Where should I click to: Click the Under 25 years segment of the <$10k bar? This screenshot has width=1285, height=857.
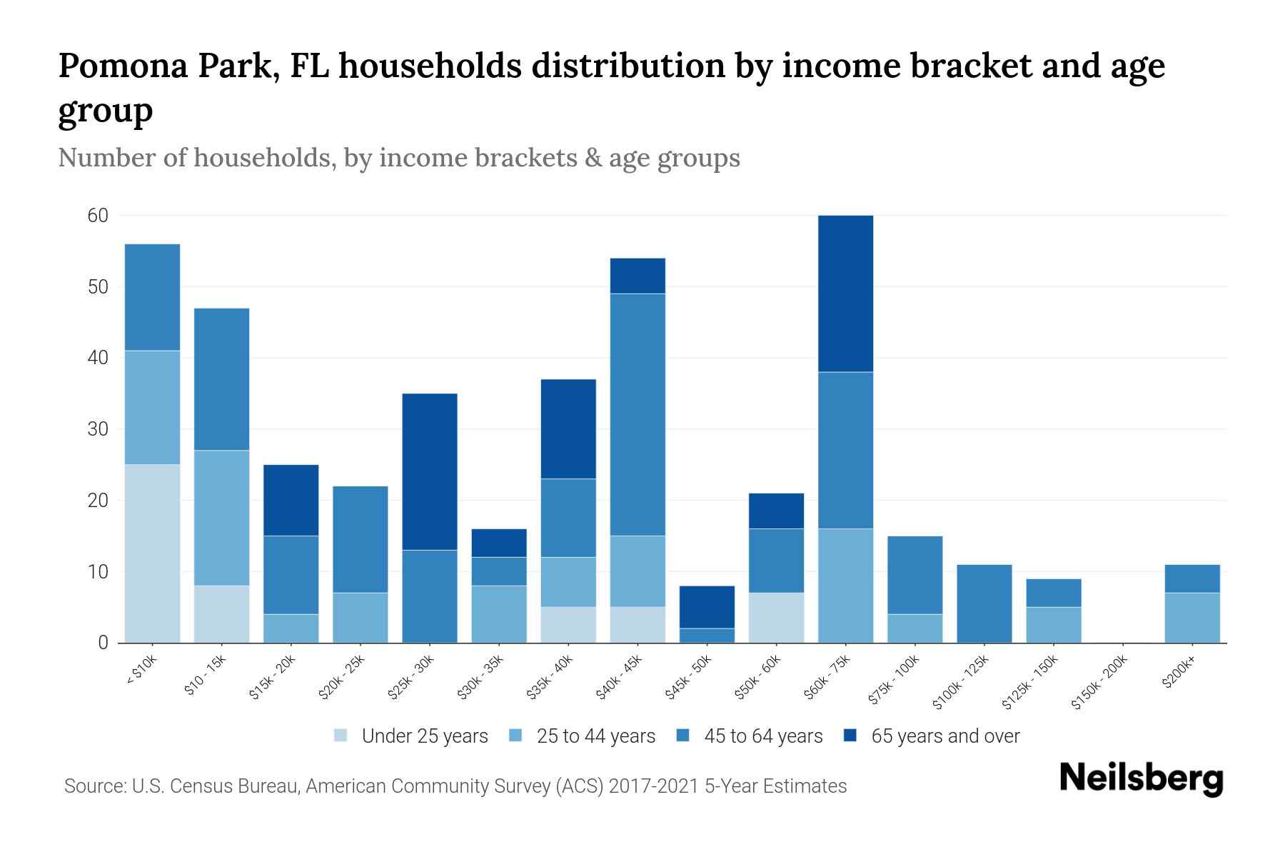click(152, 553)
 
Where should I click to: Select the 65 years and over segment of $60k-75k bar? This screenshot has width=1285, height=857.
click(845, 294)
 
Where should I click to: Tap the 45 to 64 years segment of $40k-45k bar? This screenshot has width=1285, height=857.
click(638, 414)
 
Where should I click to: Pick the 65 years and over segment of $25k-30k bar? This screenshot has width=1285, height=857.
click(430, 471)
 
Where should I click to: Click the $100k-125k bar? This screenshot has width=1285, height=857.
click(984, 603)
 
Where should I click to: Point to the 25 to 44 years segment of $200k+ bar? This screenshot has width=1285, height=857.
click(1191, 618)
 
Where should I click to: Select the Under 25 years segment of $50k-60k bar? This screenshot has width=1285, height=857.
click(776, 618)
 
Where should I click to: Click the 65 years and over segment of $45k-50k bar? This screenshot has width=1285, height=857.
click(707, 607)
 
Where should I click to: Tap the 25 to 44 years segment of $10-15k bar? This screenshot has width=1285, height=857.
click(222, 518)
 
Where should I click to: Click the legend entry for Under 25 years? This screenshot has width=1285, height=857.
click(425, 736)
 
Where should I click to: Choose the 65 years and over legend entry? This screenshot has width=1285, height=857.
click(945, 736)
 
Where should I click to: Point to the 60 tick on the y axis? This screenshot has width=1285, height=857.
click(98, 216)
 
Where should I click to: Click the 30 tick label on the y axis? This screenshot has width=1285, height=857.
click(98, 429)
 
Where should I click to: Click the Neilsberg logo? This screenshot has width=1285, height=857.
click(1141, 778)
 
